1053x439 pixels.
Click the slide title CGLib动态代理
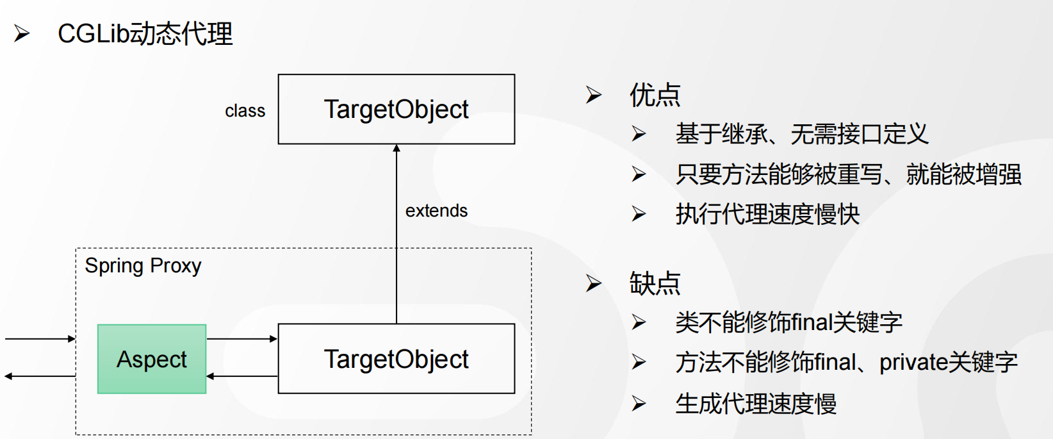(145, 34)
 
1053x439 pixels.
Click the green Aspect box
(152, 359)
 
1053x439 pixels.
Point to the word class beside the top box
(245, 111)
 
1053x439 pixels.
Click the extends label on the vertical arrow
(436, 211)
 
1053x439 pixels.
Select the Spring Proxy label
(143, 267)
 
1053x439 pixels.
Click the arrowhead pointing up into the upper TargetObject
(396, 148)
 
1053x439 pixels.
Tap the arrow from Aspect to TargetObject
(242, 339)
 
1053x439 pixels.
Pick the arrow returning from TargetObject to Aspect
(242, 376)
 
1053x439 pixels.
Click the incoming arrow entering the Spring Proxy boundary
(40, 339)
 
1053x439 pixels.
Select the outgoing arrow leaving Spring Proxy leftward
(40, 376)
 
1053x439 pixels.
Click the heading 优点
(655, 95)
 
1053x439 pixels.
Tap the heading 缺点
(655, 283)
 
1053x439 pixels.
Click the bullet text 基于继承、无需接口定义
(802, 134)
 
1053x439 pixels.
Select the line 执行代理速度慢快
(768, 215)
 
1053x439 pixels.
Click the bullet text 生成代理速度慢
(756, 404)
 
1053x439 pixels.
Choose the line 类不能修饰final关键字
(789, 323)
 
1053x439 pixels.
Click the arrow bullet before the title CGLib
(22, 33)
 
